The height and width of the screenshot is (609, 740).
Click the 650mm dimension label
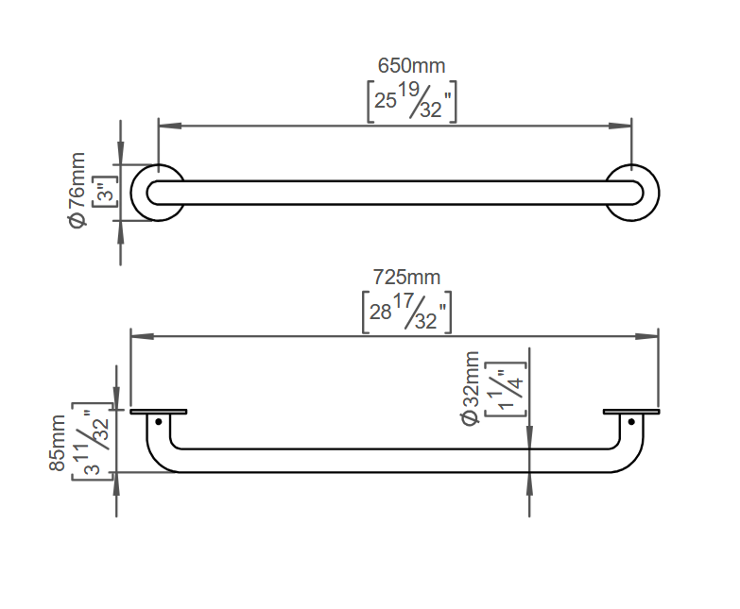click(x=411, y=65)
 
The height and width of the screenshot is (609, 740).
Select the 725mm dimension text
click(x=406, y=277)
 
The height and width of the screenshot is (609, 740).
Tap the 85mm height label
click(x=57, y=443)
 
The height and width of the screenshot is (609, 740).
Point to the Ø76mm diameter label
click(x=77, y=190)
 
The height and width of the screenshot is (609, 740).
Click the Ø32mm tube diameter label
click(x=471, y=388)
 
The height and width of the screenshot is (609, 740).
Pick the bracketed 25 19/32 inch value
click(x=412, y=102)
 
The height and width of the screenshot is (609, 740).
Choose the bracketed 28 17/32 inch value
click(x=406, y=313)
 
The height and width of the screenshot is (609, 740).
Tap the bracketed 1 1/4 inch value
click(x=506, y=389)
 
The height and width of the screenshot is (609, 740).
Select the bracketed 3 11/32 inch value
click(x=93, y=442)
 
